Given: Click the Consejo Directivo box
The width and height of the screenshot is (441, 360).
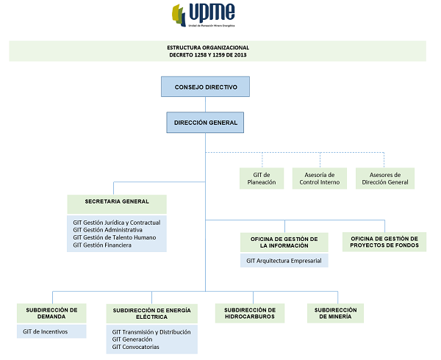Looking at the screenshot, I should point(206,87).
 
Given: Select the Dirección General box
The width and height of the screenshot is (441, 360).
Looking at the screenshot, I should point(206,123).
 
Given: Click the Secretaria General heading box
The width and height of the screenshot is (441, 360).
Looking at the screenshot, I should point(118,201).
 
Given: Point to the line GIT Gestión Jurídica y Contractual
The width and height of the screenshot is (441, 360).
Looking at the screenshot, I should point(116,222).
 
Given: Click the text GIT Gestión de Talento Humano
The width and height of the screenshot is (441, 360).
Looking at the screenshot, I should point(114,237).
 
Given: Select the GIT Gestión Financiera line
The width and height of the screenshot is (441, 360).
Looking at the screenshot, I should point(102,245).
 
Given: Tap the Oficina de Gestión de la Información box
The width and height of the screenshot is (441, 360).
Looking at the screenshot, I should point(284,242).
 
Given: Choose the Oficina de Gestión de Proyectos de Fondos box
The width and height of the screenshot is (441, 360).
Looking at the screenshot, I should point(384,242).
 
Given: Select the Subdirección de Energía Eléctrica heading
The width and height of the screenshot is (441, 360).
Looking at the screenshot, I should point(151,314).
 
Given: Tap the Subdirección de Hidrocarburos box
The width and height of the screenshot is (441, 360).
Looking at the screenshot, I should point(251,313).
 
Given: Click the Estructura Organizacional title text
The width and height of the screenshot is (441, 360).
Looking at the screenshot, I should point(218,50).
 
